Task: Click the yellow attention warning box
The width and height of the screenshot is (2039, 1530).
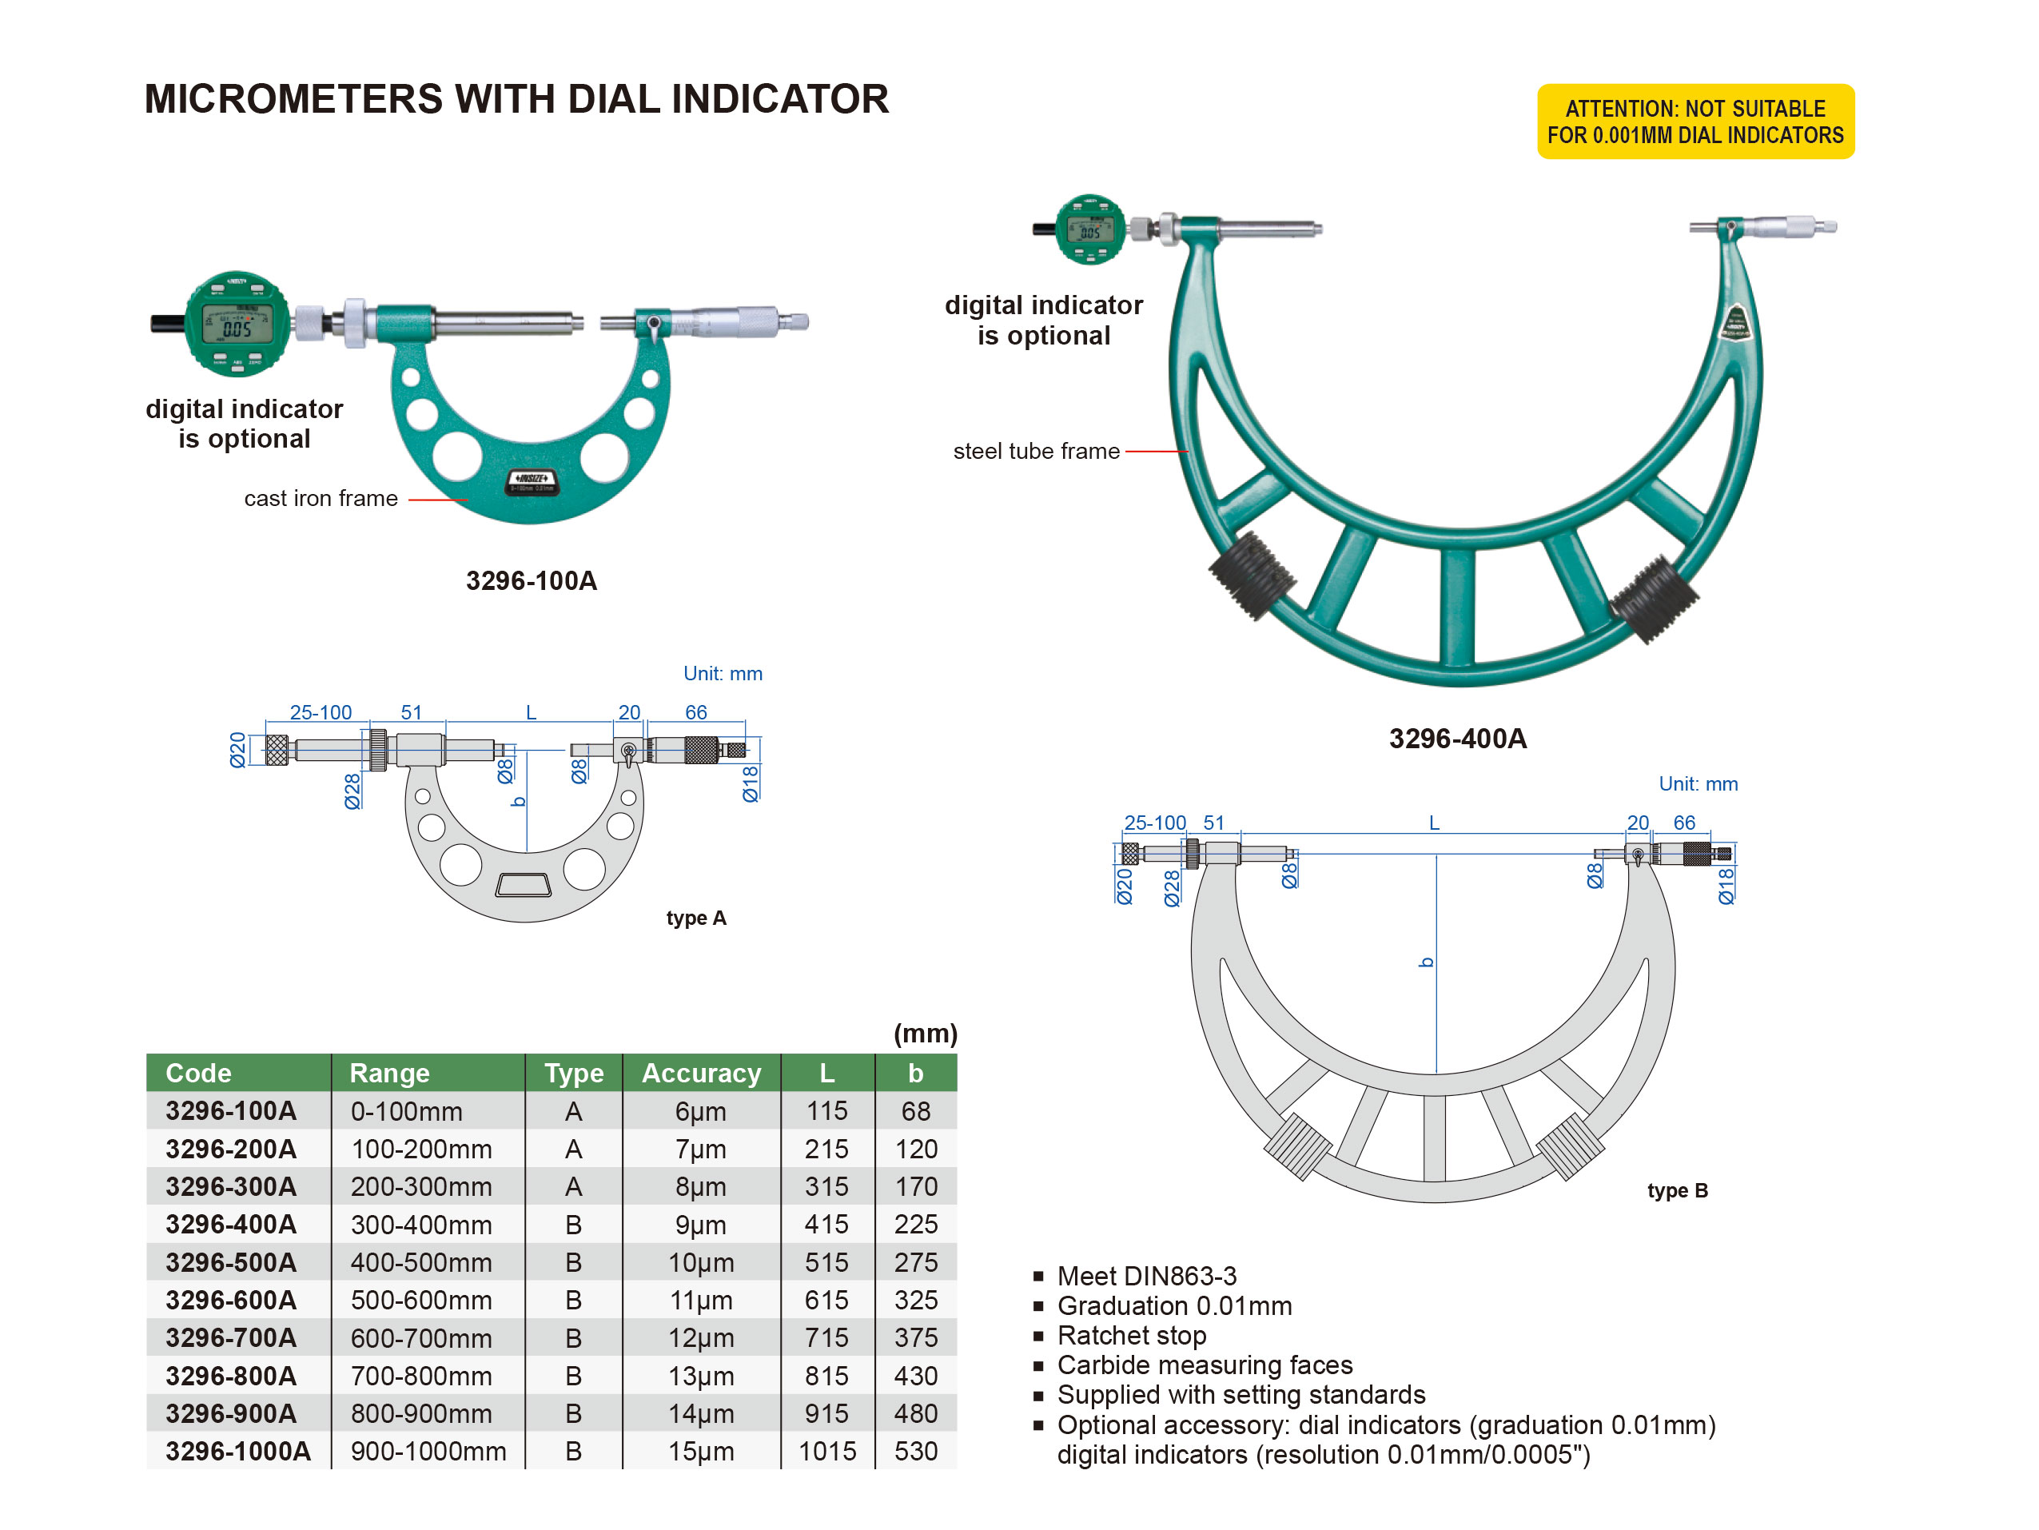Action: tap(1695, 122)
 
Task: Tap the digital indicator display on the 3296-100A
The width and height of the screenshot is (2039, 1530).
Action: tap(237, 325)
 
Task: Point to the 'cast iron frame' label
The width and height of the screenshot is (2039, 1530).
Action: tap(321, 499)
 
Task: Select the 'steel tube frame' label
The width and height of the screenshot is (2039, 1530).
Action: tap(1036, 452)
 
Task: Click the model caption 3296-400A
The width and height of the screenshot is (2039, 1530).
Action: tap(1457, 739)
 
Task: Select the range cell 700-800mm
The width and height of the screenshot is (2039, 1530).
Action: tap(421, 1375)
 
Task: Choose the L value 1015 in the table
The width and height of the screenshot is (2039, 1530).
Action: tap(826, 1451)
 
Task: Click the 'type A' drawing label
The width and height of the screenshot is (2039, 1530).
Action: tap(696, 918)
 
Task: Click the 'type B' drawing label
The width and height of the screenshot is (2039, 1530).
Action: tap(1677, 1191)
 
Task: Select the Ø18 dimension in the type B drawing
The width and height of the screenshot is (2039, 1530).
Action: tap(1726, 885)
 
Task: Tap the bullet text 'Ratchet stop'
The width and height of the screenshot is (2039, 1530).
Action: tap(1131, 1336)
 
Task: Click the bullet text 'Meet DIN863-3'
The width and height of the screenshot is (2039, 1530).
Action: tap(1147, 1276)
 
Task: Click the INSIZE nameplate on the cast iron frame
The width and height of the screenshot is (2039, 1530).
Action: tap(533, 480)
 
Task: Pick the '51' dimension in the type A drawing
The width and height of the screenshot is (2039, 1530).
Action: tap(411, 712)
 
